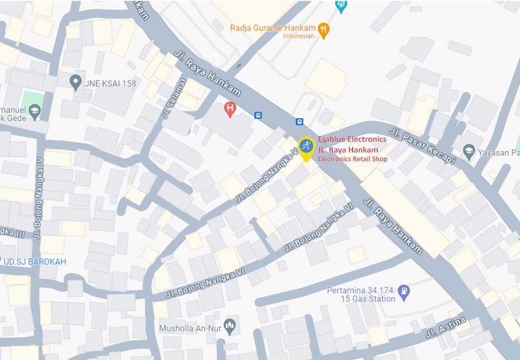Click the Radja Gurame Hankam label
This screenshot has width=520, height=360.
[x=273, y=28]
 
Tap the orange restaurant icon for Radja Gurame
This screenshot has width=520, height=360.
[x=324, y=30]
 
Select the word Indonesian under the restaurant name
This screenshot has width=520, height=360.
[x=298, y=36]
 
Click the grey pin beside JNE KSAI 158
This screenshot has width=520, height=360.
[x=75, y=82]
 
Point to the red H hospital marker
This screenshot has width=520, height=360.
[x=230, y=109]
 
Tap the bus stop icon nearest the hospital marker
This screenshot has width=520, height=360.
[x=258, y=115]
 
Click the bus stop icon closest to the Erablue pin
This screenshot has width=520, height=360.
[x=299, y=121]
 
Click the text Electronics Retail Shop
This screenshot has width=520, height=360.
[x=353, y=159]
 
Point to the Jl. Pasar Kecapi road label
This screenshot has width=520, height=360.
[x=422, y=146]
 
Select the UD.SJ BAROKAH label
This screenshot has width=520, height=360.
[x=34, y=262]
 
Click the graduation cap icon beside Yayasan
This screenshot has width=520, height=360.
[x=469, y=151]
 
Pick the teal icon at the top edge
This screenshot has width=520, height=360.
[x=341, y=5]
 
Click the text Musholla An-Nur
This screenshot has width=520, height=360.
[x=191, y=329]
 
